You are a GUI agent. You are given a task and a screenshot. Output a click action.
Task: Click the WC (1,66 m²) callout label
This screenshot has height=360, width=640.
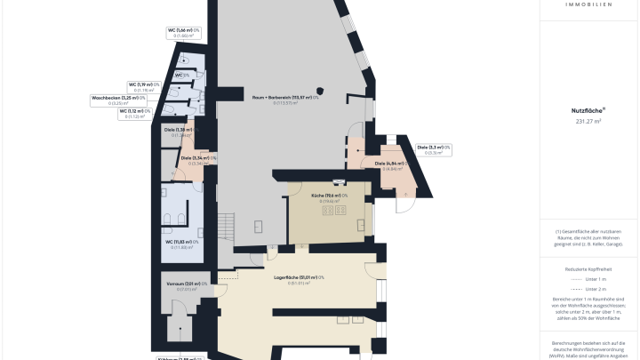click(x=184, y=33)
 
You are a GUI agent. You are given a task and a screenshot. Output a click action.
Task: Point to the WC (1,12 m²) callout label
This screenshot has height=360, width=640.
click(x=137, y=113)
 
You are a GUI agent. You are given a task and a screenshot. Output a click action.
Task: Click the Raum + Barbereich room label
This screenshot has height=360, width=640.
click(x=285, y=98)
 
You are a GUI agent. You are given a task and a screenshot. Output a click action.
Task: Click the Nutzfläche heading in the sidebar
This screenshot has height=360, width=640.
click(x=588, y=110)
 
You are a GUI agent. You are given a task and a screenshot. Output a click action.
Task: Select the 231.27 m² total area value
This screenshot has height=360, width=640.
click(x=588, y=121)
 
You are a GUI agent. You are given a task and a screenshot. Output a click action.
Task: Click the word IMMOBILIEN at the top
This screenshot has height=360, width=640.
click(x=588, y=5)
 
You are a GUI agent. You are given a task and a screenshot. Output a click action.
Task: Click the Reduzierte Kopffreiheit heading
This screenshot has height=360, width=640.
click(x=588, y=267)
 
